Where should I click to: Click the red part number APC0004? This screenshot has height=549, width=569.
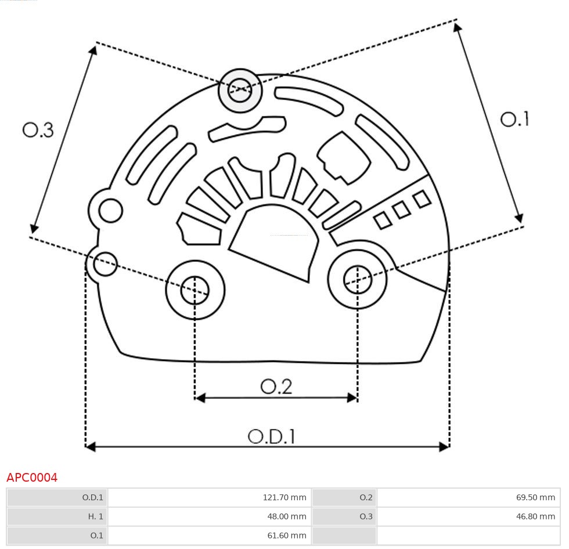pyautogui.click(x=32, y=478)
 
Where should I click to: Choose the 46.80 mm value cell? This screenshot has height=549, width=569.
pyautogui.click(x=535, y=516)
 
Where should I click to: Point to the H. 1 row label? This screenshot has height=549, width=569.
pyautogui.click(x=95, y=516)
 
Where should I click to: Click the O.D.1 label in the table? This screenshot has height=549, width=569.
pyautogui.click(x=92, y=497)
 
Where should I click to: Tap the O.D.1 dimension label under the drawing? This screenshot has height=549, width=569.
pyautogui.click(x=271, y=436)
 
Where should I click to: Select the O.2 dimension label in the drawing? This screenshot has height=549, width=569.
pyautogui.click(x=276, y=387)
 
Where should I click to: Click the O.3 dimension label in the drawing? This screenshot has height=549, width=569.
pyautogui.click(x=38, y=130)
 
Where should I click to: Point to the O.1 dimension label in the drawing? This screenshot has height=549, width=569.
pyautogui.click(x=514, y=119)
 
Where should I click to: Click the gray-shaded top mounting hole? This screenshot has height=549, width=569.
pyautogui.click(x=240, y=91)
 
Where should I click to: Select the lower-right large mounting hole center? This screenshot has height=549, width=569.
pyautogui.click(x=358, y=280)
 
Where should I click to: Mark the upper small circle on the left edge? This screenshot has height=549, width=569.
pyautogui.click(x=110, y=210)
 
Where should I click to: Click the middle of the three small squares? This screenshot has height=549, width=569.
pyautogui.click(x=401, y=210)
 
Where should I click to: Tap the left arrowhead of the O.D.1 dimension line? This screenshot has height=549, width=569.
pyautogui.click(x=90, y=446)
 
